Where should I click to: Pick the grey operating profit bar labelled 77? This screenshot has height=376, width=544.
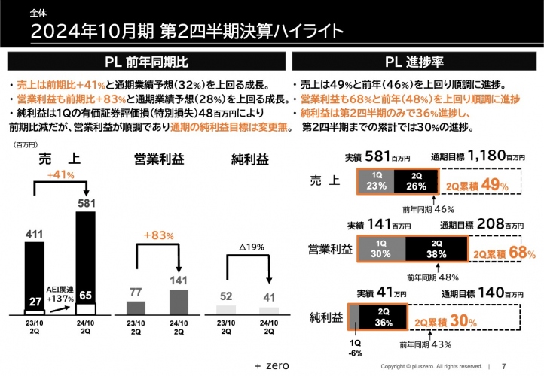point(136,307)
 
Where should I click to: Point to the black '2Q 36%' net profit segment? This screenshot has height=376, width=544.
point(383,319)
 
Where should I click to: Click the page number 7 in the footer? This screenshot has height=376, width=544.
point(504,366)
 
